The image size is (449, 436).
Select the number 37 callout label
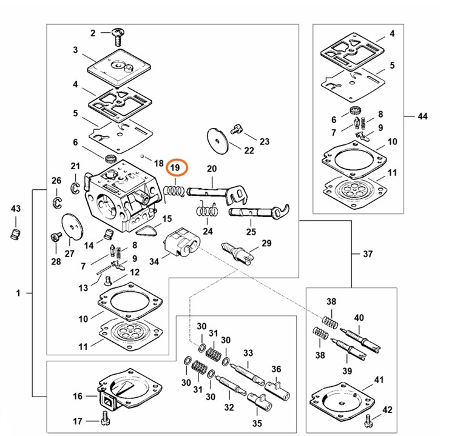pos(368,254)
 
